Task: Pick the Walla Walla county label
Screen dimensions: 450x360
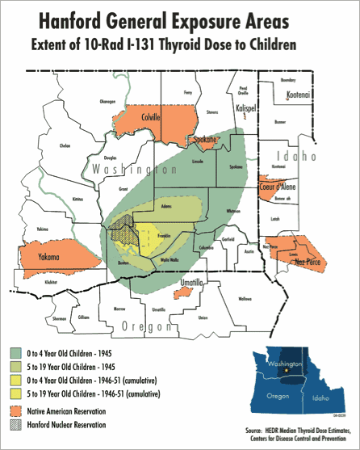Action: click(170, 260)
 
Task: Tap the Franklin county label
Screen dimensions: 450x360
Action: click(163, 235)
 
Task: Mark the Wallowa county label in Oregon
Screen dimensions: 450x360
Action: click(245, 298)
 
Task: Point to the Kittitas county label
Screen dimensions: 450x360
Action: click(77, 198)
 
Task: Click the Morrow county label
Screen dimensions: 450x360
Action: click(119, 309)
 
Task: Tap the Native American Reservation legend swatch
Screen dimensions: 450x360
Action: click(17, 410)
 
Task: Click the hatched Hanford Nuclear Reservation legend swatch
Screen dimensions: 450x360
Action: click(17, 424)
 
